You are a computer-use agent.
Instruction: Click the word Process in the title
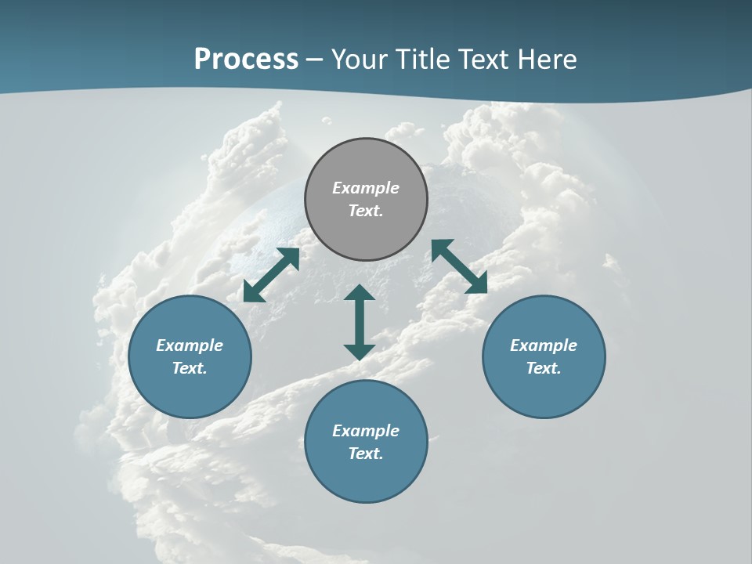pos(246,60)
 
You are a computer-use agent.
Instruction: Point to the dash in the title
pos(315,60)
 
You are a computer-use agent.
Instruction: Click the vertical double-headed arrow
pos(360,322)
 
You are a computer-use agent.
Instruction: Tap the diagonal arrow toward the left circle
pos(271,275)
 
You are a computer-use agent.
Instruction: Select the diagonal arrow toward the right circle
pos(459,266)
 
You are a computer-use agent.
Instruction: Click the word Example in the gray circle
pos(366,188)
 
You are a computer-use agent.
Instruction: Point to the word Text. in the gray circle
pos(366,211)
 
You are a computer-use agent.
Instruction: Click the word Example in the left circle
pos(190,345)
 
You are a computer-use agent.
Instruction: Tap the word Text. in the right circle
pos(544,368)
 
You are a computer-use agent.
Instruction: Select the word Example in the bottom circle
pos(366,431)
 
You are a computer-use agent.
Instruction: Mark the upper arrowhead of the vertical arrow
pos(360,293)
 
